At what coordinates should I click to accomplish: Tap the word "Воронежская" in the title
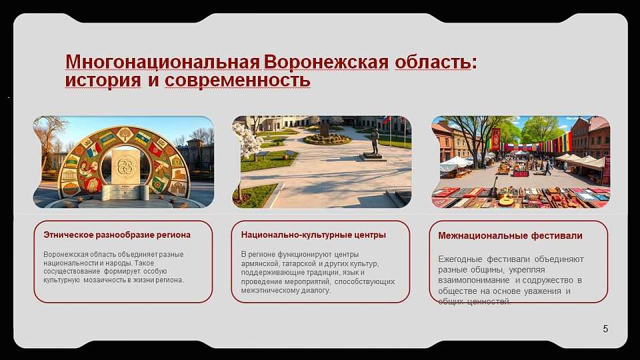(326, 62)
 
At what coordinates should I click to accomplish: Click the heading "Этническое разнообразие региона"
(117, 235)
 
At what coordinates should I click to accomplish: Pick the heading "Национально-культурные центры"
(313, 235)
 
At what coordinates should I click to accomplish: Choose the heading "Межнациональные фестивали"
(510, 235)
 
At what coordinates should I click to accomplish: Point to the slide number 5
(605, 329)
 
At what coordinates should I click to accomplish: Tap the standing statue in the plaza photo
(375, 141)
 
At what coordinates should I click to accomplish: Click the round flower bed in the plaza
(327, 139)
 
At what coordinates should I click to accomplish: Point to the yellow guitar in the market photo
(507, 198)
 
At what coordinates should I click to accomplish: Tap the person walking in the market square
(547, 167)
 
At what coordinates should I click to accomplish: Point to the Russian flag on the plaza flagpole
(385, 121)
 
